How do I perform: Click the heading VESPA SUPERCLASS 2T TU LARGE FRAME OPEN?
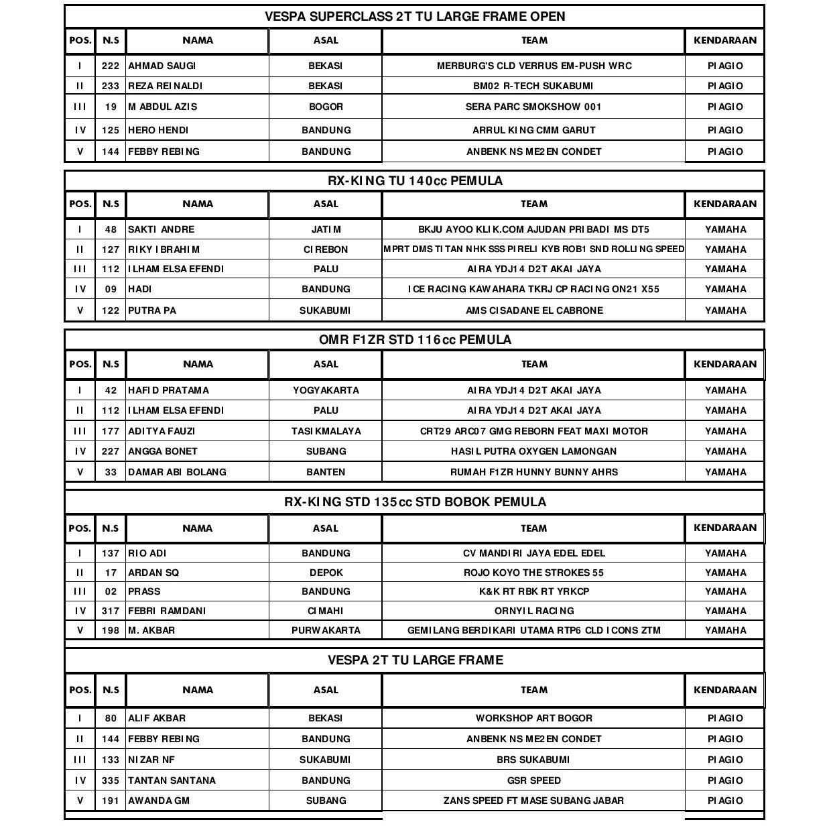coord(415,17)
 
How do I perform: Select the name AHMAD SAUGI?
coord(162,66)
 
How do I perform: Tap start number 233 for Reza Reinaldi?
coord(111,86)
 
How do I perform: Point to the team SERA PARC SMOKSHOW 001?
coord(533,107)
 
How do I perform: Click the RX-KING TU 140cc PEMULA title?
coord(415,180)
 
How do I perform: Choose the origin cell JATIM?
coord(326,229)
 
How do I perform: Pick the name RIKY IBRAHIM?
coord(164,249)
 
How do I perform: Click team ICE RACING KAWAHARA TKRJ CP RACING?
coord(533,289)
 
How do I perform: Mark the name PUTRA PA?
coord(152,310)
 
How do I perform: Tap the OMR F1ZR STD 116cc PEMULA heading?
coord(415,340)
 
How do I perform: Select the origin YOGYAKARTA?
coord(326,390)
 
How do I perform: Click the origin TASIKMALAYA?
coord(326,431)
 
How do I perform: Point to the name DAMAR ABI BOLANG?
coord(177,472)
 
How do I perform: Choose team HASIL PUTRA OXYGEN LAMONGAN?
coord(533,451)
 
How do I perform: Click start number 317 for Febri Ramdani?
coord(111,611)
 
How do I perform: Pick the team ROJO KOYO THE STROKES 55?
coord(533,573)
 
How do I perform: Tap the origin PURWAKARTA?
coord(326,630)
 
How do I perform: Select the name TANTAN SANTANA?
coord(172,780)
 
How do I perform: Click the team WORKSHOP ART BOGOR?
coord(533,718)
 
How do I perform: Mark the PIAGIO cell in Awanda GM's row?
coord(725,801)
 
